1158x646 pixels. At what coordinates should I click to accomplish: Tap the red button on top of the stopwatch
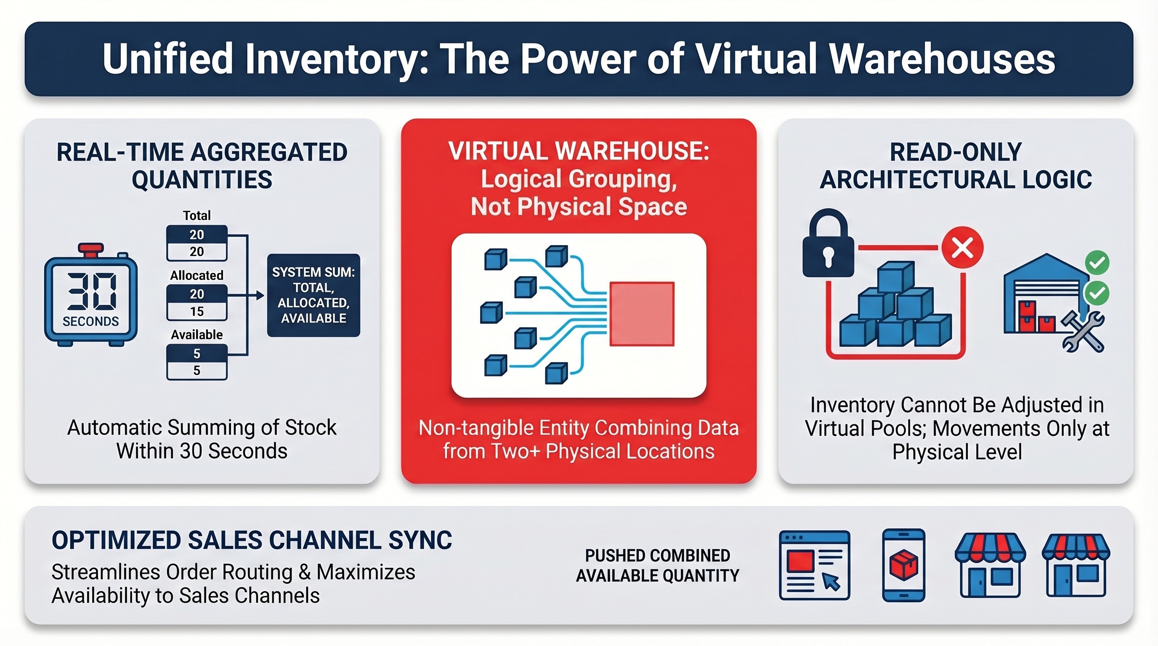91,248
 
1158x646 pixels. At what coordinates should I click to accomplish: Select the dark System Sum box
313,295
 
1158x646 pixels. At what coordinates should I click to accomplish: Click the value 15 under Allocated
197,311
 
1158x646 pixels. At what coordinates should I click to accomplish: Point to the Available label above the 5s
197,335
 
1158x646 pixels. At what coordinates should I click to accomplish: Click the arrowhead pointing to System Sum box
260,295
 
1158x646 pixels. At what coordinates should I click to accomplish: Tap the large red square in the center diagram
641,314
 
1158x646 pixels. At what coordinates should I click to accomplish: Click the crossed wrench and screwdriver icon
1083,332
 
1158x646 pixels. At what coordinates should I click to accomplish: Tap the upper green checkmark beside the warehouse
1097,263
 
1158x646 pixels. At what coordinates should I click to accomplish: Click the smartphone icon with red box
903,565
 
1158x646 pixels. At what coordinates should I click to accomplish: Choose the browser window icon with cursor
814,565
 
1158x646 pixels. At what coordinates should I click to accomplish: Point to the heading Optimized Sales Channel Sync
252,540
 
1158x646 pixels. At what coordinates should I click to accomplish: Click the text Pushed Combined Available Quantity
657,565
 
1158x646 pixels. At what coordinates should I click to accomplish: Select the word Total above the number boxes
197,216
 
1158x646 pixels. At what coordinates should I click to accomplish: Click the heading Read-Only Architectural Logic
956,166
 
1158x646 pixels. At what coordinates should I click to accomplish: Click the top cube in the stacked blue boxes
895,276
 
